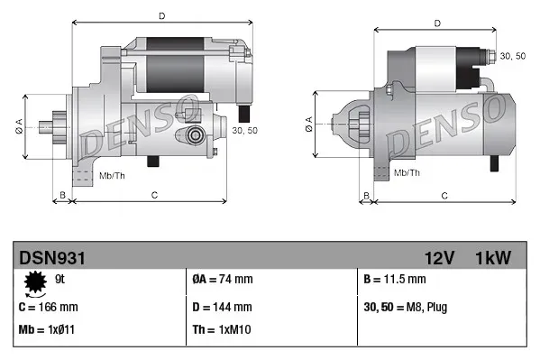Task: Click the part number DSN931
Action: pos(52,259)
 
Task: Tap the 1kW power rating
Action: pos(493,259)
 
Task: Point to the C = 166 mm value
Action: pos(48,307)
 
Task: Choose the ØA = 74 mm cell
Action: pos(224,280)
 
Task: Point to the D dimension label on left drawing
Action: pos(161,16)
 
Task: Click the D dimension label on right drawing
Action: pos(436,23)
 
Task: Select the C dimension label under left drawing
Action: pos(154,195)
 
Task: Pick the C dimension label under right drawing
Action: pos(444,195)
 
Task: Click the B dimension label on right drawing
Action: pos(366,195)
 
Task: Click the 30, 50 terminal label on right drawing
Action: pos(512,56)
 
